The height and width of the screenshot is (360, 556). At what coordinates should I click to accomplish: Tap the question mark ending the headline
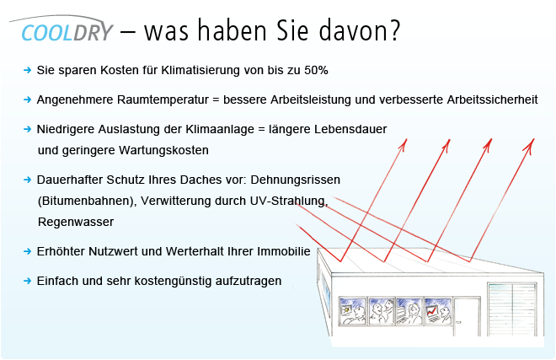coord(394,30)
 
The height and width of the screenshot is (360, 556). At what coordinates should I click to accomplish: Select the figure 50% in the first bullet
coord(316,70)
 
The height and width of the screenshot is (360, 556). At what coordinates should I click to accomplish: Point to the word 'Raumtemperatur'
coord(163,99)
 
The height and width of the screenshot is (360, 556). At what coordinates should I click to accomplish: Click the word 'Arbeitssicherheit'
coord(492,99)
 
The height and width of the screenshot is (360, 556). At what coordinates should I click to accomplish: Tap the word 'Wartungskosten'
coord(163,150)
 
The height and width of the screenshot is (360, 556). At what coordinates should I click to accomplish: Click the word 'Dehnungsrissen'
coord(296,180)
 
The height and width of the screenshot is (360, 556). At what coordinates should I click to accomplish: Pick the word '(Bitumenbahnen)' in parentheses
coord(88,201)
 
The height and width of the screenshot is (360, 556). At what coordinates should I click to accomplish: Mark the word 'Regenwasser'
coord(76,223)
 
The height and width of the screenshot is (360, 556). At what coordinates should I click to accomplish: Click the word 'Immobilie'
coord(284,251)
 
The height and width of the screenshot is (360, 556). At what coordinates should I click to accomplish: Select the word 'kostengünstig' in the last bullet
coord(173,281)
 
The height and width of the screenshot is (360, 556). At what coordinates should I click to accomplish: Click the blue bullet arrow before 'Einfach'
coord(27,281)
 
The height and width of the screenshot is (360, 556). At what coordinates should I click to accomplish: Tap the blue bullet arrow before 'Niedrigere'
coord(27,129)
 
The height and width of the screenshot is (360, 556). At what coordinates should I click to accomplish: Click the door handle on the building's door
coord(459,322)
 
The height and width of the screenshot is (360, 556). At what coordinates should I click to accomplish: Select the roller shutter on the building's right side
coord(511,309)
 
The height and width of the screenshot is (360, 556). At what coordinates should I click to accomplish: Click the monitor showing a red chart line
coord(431,311)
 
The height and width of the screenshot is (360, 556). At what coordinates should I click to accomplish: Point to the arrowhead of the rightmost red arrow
coord(530,145)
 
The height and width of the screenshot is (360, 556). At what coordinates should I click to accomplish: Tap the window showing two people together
coord(382,311)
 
